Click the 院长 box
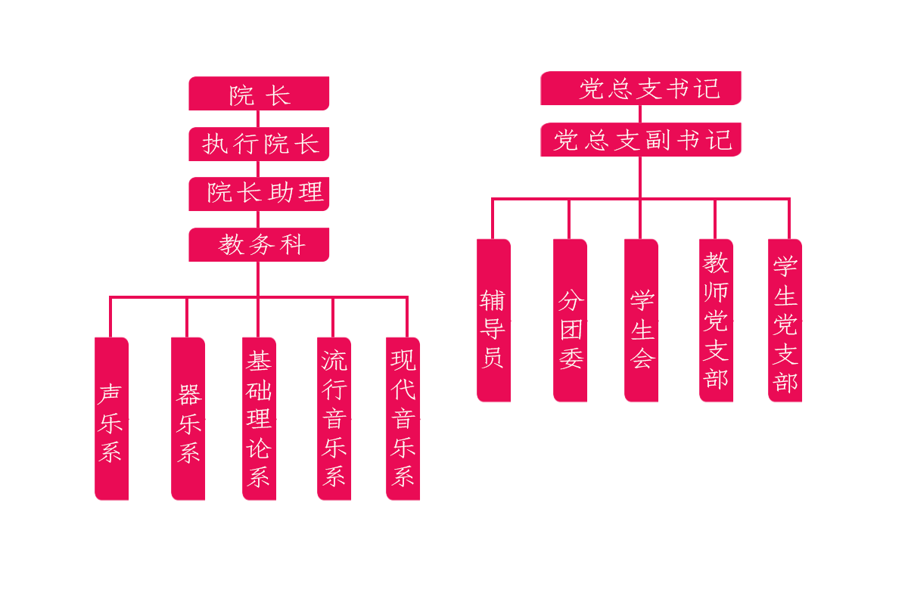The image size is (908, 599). (259, 94)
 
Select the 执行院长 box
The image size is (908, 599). (259, 144)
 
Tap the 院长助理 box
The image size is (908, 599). (259, 194)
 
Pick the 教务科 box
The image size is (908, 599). (259, 244)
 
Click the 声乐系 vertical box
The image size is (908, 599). (111, 418)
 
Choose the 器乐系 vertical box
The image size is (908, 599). (188, 418)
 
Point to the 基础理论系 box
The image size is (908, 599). (259, 418)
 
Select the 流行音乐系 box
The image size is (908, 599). (334, 418)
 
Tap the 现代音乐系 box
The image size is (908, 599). (403, 418)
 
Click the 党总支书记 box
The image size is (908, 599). (640, 88)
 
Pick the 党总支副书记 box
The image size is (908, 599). (640, 140)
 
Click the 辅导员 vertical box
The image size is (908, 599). (493, 320)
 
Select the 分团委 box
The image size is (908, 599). (570, 320)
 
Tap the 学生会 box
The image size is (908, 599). (641, 320)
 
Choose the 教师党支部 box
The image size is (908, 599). (716, 320)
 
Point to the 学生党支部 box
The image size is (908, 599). (785, 320)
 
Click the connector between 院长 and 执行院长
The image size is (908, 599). (258, 119)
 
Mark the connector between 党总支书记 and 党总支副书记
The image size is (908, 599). (640, 114)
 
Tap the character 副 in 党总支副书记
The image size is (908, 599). (660, 141)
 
